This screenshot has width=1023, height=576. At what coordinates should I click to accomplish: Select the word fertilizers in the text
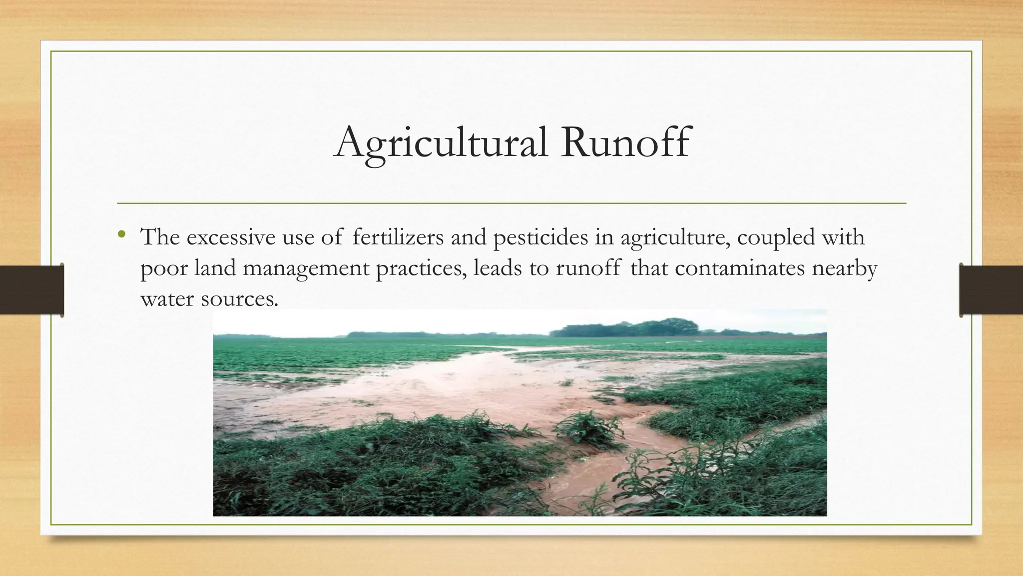398,237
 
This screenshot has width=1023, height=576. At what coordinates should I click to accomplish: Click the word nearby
844,268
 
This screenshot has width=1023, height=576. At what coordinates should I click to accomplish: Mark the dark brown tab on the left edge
31,290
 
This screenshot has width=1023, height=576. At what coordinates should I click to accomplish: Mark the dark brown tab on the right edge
991,290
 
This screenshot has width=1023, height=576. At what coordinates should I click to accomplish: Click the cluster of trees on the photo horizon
629,328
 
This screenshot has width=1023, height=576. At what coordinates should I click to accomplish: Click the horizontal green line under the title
511,203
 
